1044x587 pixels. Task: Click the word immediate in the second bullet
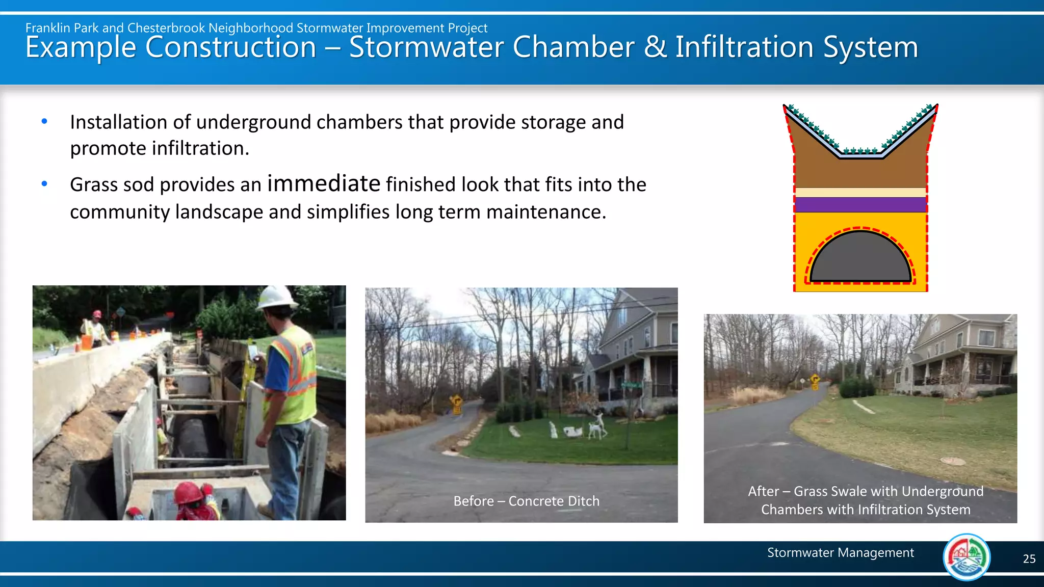click(324, 183)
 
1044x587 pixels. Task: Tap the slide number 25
click(1029, 559)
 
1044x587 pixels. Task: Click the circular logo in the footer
click(967, 557)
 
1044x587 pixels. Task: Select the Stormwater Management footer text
click(840, 553)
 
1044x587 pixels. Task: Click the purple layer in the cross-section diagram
click(860, 205)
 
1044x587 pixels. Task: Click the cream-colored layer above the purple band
click(860, 193)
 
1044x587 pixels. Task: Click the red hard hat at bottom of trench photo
click(188, 493)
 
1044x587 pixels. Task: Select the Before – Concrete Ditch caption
click(526, 501)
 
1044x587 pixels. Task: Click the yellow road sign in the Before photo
click(456, 402)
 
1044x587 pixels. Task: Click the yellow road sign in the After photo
click(815, 380)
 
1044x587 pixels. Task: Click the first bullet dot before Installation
click(44, 121)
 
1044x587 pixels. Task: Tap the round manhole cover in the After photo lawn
click(952, 461)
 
